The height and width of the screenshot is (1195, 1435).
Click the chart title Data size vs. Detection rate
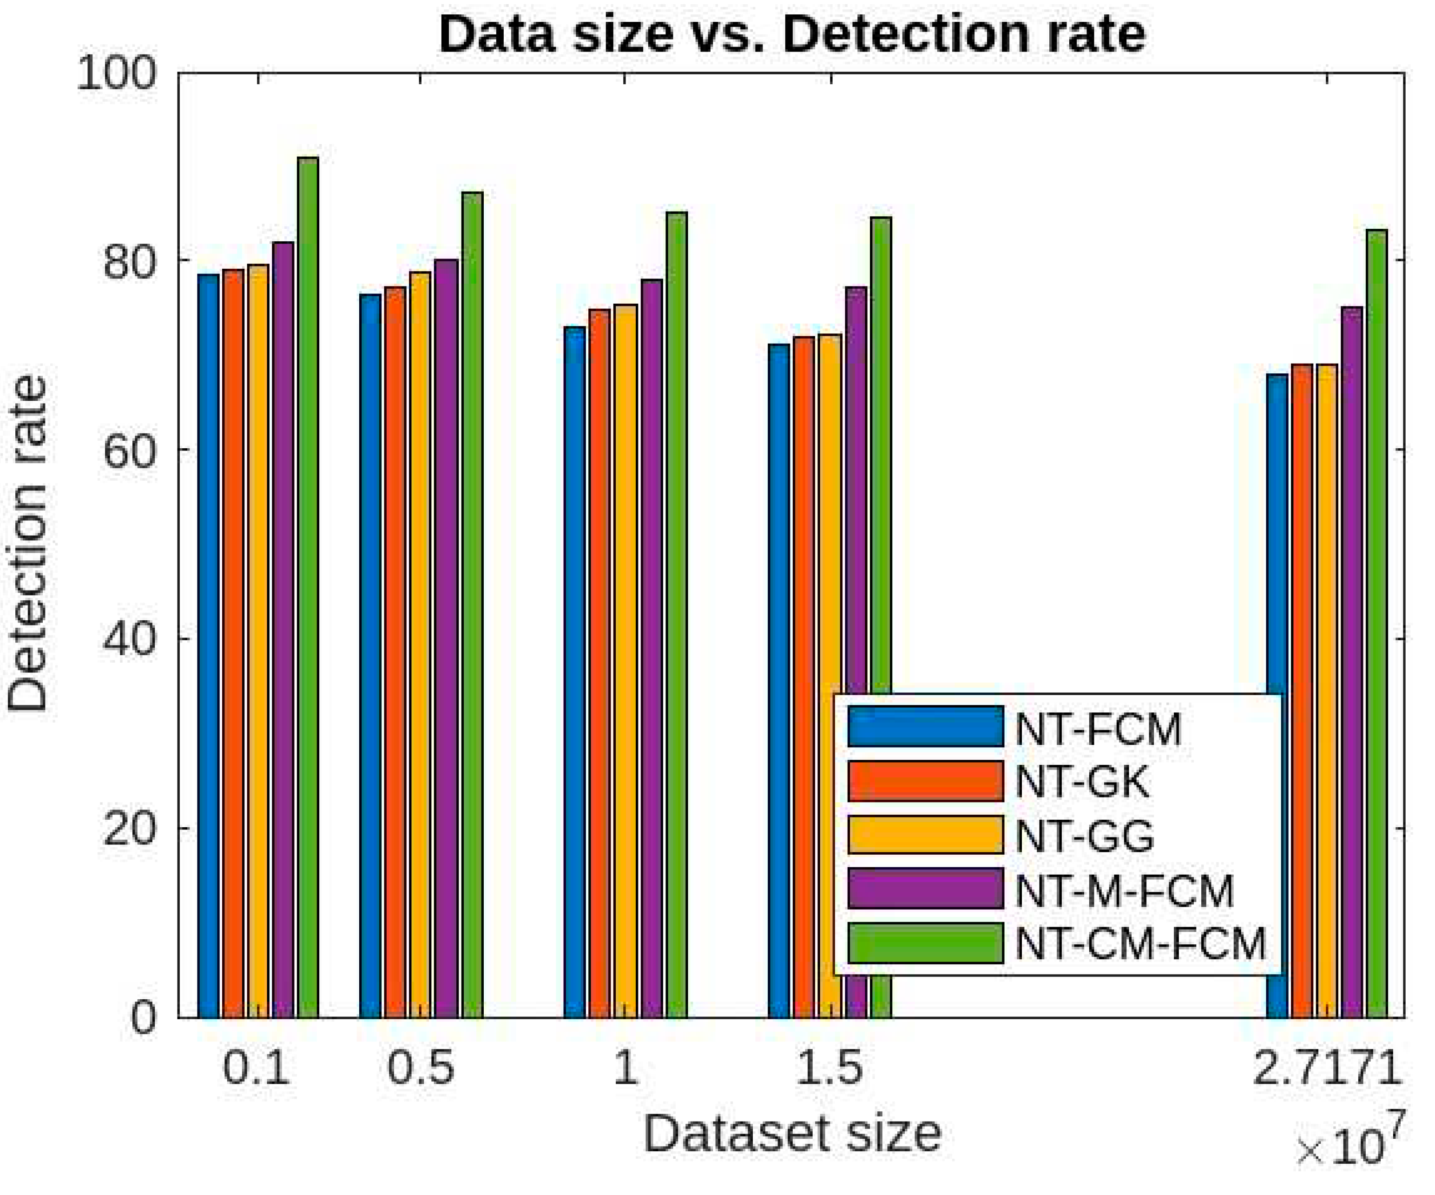tap(791, 34)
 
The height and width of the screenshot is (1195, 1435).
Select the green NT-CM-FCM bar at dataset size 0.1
tap(308, 588)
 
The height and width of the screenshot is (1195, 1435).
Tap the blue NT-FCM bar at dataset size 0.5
tap(370, 656)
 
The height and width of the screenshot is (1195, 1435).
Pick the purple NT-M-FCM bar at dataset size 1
tap(652, 650)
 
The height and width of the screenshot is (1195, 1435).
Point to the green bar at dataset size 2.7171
tap(1376, 622)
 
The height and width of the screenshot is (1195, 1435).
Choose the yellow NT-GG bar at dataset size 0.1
tap(258, 643)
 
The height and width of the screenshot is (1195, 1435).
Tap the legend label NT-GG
tap(1085, 836)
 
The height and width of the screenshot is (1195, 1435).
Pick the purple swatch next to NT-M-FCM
tap(925, 889)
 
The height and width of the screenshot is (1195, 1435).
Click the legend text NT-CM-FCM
tap(1140, 944)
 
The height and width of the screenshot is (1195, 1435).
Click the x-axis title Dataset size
tap(791, 1135)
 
